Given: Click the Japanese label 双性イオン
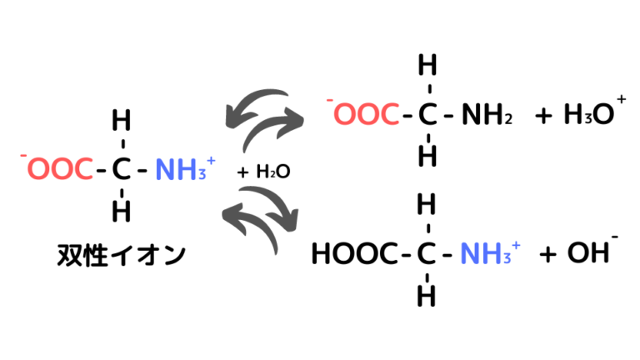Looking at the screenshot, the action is (121, 255).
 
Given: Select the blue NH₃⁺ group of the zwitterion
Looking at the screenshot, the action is (185, 168).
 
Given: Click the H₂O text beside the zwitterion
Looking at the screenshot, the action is (273, 172).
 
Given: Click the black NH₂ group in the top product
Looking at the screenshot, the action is (487, 114).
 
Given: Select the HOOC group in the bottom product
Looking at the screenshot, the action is (354, 253).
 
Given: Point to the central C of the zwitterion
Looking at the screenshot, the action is (121, 168).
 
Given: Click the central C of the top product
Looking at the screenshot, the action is (427, 114).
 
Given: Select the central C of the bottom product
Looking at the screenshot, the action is (427, 253).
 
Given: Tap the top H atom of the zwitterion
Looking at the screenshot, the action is (121, 120).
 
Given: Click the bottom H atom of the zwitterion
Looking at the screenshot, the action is (121, 211).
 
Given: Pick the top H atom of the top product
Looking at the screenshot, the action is (427, 65).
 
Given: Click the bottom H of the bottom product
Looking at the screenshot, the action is (427, 295).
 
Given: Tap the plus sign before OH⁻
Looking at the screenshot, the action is (547, 255).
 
